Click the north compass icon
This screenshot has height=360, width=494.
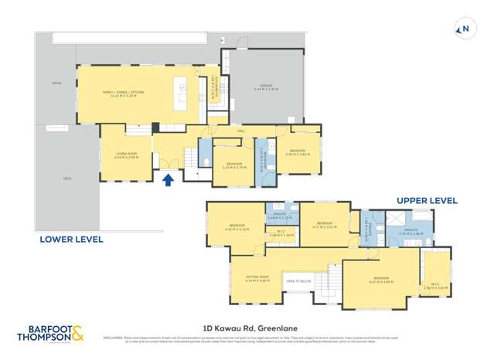coord(464,30)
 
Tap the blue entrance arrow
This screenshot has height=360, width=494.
coord(169,180)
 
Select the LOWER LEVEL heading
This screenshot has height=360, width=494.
coord(70,239)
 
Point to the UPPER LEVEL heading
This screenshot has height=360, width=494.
coord(427,200)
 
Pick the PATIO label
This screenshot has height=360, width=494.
coord(56,83)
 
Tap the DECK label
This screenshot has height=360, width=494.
coord(67,178)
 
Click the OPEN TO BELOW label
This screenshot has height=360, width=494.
coord(299,281)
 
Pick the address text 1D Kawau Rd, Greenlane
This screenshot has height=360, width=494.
coord(246,328)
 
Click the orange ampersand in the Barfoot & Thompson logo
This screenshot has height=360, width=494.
coord(80,335)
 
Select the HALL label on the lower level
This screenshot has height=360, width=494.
coord(240,131)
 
